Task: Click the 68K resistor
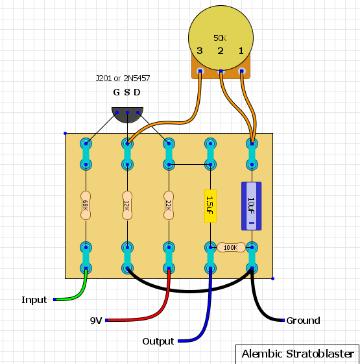[86, 206]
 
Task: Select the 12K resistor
[127, 206]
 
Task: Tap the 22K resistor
[169, 206]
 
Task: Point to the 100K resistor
[231, 247]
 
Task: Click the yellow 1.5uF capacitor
[210, 206]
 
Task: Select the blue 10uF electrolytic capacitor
[252, 206]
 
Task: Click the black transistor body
[127, 115]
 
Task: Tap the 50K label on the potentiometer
[220, 38]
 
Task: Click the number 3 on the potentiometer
[200, 51]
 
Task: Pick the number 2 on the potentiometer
[221, 51]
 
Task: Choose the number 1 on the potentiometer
[241, 51]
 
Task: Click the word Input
[34, 300]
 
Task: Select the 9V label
[96, 321]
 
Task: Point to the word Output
[158, 341]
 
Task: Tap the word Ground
[303, 321]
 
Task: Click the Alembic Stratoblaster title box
[298, 354]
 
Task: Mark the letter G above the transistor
[116, 92]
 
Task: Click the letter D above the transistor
[137, 92]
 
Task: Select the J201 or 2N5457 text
[123, 79]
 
